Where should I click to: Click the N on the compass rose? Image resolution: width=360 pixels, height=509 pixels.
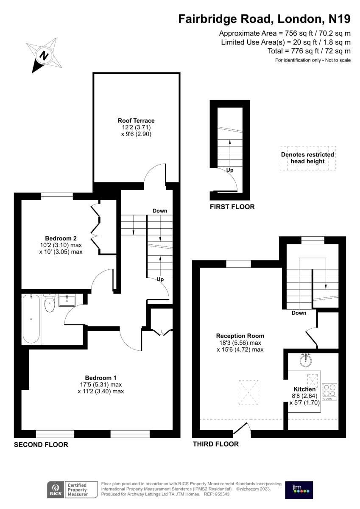[x=44, y=56]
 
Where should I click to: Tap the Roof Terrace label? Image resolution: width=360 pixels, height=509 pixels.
[x=136, y=120]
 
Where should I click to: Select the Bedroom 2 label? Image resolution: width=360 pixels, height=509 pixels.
[x=61, y=238]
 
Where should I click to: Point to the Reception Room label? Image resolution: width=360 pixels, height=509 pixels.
[x=240, y=336]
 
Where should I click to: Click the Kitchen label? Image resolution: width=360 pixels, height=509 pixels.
[x=304, y=389]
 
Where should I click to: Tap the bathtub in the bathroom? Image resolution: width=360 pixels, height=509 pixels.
[x=31, y=319]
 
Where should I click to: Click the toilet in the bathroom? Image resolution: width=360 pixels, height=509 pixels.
[x=50, y=303]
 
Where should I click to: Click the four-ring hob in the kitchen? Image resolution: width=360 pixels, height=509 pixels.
[x=329, y=392]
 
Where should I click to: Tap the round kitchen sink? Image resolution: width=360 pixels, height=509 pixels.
[x=306, y=361]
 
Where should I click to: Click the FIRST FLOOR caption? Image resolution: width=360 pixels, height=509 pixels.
[x=232, y=207]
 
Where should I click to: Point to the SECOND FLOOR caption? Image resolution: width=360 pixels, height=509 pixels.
[x=41, y=445]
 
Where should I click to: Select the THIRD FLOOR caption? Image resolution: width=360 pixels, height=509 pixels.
[x=216, y=444]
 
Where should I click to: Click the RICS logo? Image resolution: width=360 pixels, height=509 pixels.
[x=56, y=489]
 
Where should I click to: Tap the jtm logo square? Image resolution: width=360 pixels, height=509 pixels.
[x=299, y=490]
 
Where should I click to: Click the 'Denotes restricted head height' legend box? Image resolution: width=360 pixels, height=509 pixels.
[x=308, y=158]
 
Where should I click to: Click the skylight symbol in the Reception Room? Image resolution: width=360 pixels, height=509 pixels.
[x=248, y=392]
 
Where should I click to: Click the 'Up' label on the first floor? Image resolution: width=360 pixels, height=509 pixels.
[x=230, y=170]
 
